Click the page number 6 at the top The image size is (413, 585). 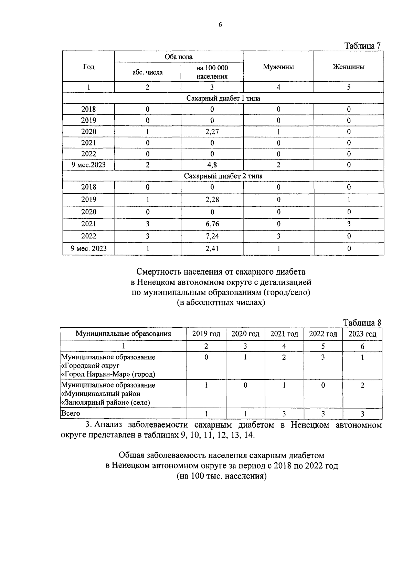220,24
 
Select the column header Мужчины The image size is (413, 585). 278,67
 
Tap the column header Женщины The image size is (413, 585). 348,67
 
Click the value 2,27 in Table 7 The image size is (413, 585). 212,132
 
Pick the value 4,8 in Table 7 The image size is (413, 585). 212,165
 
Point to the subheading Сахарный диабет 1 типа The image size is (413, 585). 223,98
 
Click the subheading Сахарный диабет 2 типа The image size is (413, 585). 223,176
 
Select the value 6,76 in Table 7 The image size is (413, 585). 212,224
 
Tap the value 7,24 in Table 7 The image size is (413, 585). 212,236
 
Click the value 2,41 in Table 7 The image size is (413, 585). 212,248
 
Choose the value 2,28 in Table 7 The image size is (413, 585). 212,199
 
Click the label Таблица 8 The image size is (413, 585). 362,323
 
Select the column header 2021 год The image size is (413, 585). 284,334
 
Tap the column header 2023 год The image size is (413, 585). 362,334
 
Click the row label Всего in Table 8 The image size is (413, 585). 71,413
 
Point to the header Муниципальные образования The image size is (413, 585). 123,334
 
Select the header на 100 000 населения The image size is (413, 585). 212,72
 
